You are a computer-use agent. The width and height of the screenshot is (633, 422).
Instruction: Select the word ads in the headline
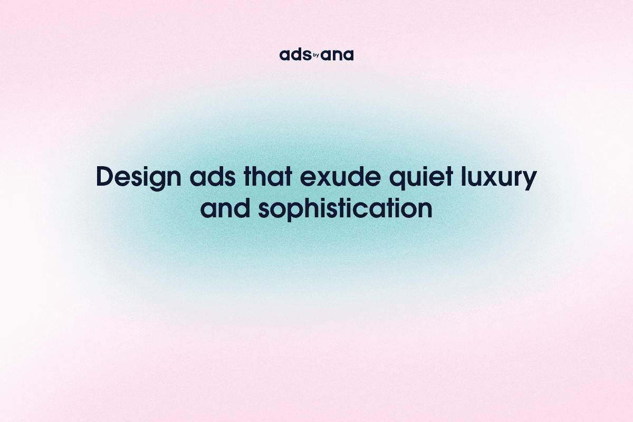[203, 178]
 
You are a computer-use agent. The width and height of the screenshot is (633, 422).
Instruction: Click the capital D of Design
[104, 178]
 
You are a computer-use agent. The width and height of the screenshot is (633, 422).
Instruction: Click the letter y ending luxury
[529, 180]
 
